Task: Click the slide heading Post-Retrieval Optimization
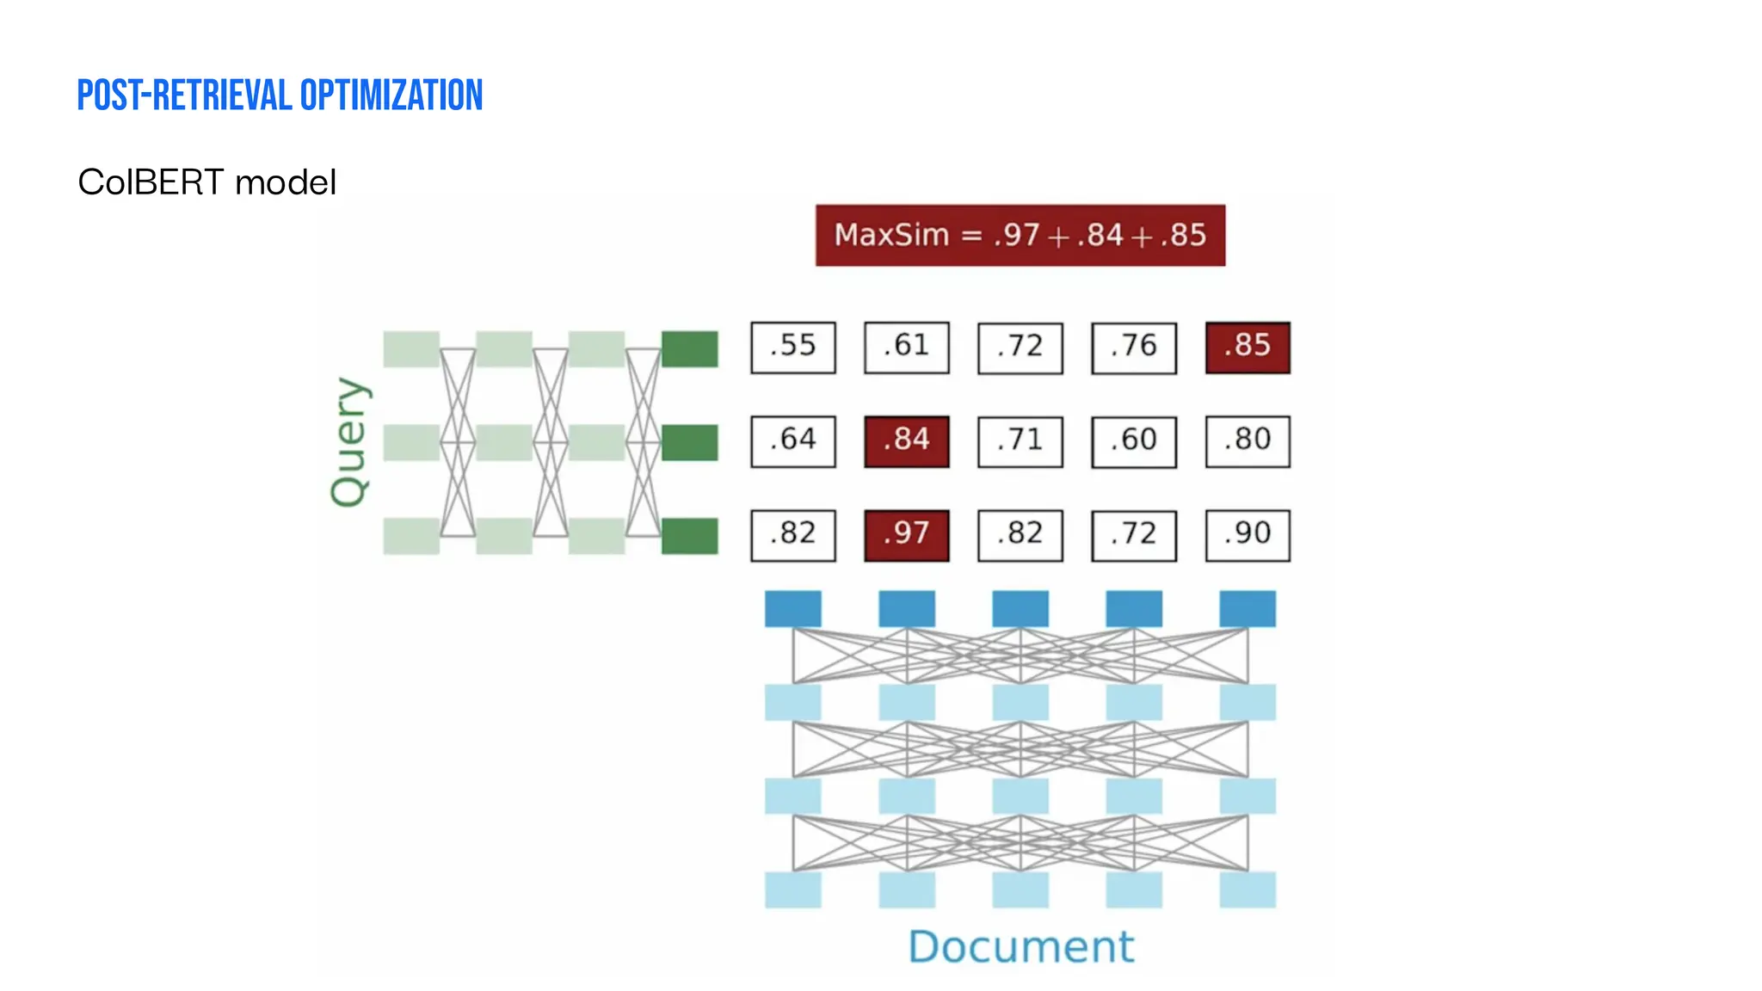pyautogui.click(x=280, y=95)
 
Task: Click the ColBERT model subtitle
pyautogui.click(x=206, y=182)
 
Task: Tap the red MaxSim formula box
pyautogui.click(x=1020, y=235)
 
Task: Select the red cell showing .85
pyautogui.click(x=1247, y=347)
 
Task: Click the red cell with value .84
pyautogui.click(x=906, y=440)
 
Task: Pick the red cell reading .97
pyautogui.click(x=906, y=534)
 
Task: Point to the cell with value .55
pyautogui.click(x=792, y=347)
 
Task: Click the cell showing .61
pyautogui.click(x=906, y=347)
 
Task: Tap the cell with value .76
pyautogui.click(x=1133, y=347)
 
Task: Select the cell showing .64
pyautogui.click(x=792, y=440)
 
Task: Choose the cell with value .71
pyautogui.click(x=1020, y=440)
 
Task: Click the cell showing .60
pyautogui.click(x=1133, y=440)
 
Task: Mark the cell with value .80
pyautogui.click(x=1247, y=440)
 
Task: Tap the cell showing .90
pyautogui.click(x=1247, y=534)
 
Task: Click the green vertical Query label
pyautogui.click(x=349, y=442)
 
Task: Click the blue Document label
pyautogui.click(x=1020, y=946)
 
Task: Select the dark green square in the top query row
pyautogui.click(x=689, y=348)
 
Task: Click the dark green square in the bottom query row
pyautogui.click(x=689, y=535)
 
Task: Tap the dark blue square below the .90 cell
pyautogui.click(x=1247, y=608)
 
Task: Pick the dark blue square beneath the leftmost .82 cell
pyautogui.click(x=792, y=608)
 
